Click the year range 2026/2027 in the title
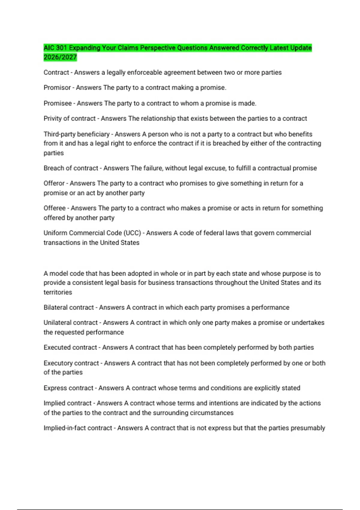click(60, 57)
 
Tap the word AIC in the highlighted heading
click(49, 48)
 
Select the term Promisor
click(57, 88)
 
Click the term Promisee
click(58, 103)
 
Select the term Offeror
click(54, 183)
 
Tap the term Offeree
click(55, 208)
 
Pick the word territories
click(58, 292)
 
